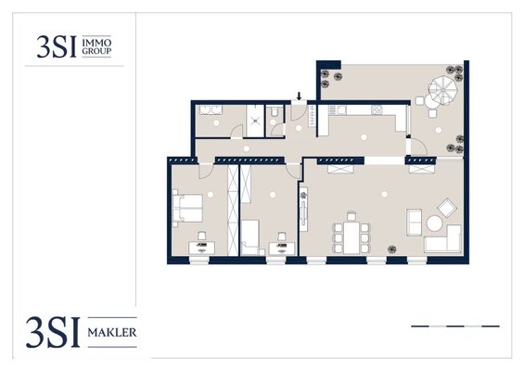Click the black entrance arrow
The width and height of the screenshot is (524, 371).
point(299,96)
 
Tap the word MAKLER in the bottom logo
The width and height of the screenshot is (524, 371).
point(112,333)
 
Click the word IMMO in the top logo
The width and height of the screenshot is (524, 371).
point(96,43)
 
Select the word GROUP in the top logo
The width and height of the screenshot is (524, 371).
point(96,51)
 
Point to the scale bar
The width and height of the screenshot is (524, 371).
point(455,326)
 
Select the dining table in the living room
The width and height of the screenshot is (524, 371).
point(351,238)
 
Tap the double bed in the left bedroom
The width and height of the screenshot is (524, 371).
point(187,209)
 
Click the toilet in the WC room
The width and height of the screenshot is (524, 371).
point(275,111)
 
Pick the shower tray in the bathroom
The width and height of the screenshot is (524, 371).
point(255,121)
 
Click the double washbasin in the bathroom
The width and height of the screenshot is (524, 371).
point(211,110)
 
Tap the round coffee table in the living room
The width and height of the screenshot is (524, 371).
point(435,224)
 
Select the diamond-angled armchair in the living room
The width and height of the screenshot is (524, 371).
point(447,208)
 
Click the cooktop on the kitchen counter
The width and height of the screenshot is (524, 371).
point(377,109)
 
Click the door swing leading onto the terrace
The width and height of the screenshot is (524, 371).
point(418,147)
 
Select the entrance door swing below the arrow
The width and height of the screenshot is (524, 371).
point(299,112)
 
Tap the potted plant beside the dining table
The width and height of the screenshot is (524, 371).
point(392,249)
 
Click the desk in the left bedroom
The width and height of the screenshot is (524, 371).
point(202,248)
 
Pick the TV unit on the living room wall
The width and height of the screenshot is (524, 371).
point(304,210)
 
